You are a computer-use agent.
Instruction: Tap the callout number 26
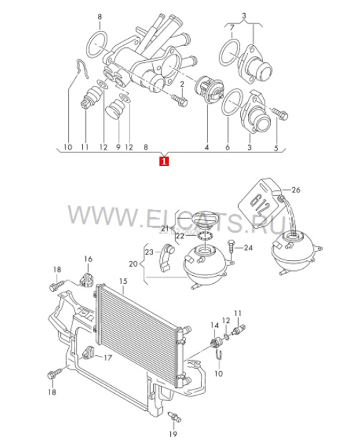point(296,190)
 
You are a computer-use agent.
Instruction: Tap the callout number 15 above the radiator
point(123,280)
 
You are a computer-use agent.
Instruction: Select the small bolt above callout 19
point(175,418)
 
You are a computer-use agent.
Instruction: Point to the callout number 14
point(215,326)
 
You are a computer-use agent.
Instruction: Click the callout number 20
point(133,264)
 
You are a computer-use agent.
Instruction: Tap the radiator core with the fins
point(137,335)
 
